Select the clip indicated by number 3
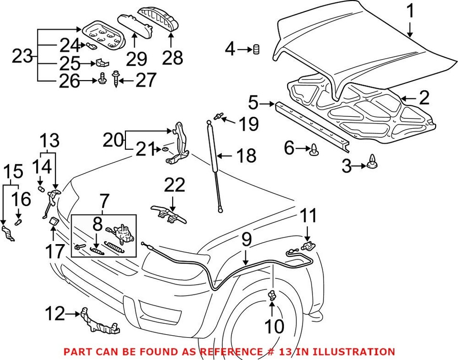(x=373, y=163)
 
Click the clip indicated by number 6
(x=314, y=149)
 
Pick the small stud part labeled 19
(x=219, y=114)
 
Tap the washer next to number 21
(x=165, y=150)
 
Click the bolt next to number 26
(x=102, y=81)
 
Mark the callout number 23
(x=21, y=57)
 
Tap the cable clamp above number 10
(x=272, y=296)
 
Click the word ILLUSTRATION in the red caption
(x=351, y=352)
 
